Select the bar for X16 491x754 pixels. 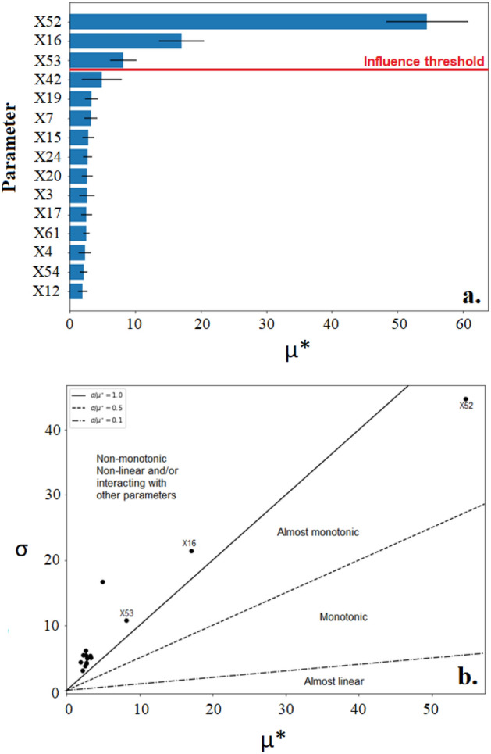(126, 41)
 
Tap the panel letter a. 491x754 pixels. (471, 296)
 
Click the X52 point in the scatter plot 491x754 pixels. (465, 399)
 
